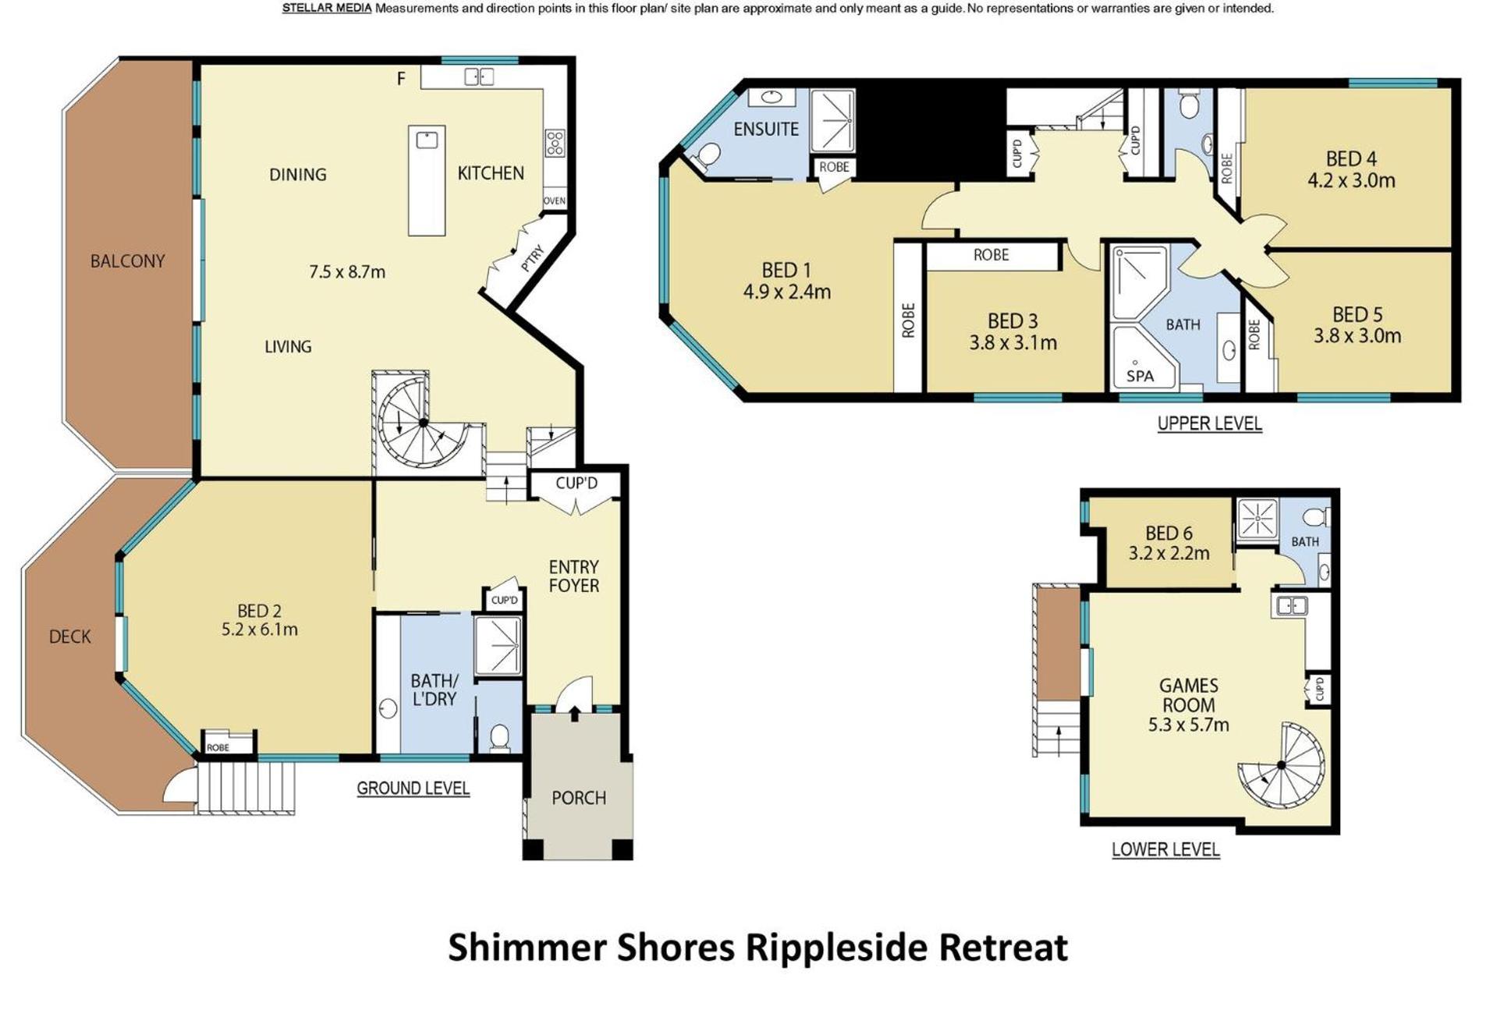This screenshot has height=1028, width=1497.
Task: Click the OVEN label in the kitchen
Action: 554,200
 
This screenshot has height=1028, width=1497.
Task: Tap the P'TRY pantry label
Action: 532,259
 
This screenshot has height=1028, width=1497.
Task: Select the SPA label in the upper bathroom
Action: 1140,376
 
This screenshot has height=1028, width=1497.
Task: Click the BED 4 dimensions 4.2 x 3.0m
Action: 1351,181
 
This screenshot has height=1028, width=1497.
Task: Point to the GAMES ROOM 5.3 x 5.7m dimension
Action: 1188,725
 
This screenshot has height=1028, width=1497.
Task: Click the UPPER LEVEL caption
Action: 1209,424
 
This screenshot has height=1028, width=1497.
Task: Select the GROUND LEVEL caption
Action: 413,789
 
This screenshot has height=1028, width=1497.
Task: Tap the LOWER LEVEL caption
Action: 1165,849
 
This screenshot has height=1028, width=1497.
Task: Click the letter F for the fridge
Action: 401,78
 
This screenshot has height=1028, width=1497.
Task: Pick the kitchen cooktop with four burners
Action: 555,143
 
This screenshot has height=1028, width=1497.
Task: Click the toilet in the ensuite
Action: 705,154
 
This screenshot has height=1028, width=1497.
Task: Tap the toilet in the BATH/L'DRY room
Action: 499,736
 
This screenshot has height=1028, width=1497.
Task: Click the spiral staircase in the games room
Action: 1282,766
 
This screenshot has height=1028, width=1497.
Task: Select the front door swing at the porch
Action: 574,693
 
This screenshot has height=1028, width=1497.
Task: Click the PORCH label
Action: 579,798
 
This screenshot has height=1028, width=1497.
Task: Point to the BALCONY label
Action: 128,261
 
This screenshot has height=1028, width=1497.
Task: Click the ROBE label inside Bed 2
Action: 218,747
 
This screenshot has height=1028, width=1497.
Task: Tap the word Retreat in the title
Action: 1002,948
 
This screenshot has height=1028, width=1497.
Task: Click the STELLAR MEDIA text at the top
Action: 327,9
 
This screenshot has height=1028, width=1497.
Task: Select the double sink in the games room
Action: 1292,605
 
